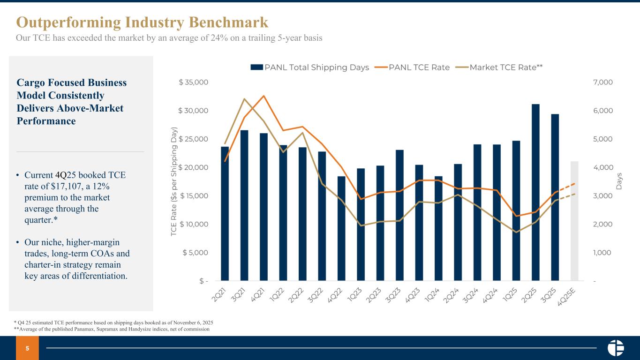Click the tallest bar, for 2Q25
pyautogui.click(x=535, y=192)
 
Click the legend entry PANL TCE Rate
pyautogui.click(x=414, y=67)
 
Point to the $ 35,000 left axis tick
pyautogui.click(x=194, y=82)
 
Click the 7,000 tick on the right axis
pyautogui.click(x=602, y=82)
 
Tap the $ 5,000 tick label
pyautogui.click(x=196, y=253)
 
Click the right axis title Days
pyautogui.click(x=619, y=181)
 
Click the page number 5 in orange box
pyautogui.click(x=27, y=348)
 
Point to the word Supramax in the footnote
pyautogui.click(x=107, y=329)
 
